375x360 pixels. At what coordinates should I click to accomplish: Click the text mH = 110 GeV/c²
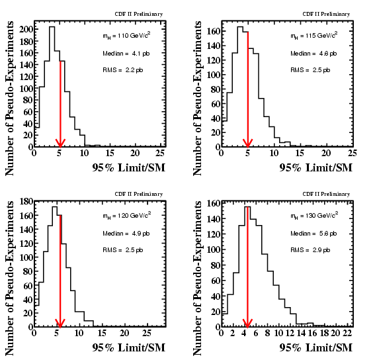coord(126,36)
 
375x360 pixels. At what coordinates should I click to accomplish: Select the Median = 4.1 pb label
coord(126,54)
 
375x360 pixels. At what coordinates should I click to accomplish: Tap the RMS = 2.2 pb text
coord(123,70)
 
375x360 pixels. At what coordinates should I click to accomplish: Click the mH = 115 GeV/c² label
coord(314,36)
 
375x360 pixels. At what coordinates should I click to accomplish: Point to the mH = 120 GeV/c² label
coord(126,216)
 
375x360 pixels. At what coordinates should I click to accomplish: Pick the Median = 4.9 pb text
coord(126,234)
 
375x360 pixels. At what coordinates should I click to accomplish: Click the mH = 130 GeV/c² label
coord(314,216)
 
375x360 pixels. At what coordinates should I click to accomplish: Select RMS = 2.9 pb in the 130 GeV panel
coord(310,250)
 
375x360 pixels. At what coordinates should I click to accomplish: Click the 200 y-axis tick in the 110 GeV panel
coord(26,29)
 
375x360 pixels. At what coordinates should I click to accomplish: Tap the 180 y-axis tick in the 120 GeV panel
coord(26,202)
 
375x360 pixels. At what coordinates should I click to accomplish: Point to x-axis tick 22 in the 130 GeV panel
coord(347,333)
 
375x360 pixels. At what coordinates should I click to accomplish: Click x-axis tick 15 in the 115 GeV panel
coord(300,153)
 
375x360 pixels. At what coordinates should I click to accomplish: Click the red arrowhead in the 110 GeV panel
coord(60,143)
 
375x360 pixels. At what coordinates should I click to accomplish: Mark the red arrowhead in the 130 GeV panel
coord(247,324)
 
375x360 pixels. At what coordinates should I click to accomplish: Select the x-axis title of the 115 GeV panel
coord(316,167)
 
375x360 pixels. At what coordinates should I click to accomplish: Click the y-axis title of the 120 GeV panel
coord(9,278)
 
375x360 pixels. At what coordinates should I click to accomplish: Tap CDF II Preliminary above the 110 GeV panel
coord(139,14)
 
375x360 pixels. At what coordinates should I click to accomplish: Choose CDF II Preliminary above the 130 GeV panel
coord(326,194)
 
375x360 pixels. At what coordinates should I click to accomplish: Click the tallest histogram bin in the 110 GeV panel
coord(52,87)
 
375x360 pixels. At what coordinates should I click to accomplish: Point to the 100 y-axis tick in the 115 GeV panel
coord(214,75)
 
